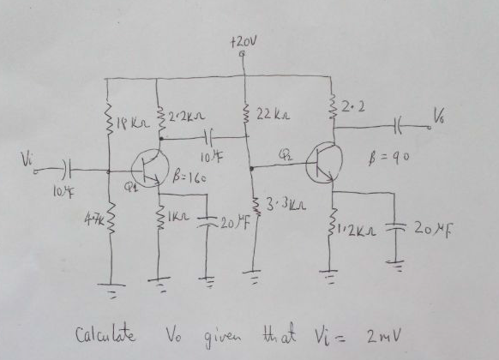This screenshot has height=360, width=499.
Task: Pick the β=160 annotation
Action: tap(189, 178)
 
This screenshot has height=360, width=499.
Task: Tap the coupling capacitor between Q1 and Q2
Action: tap(208, 137)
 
